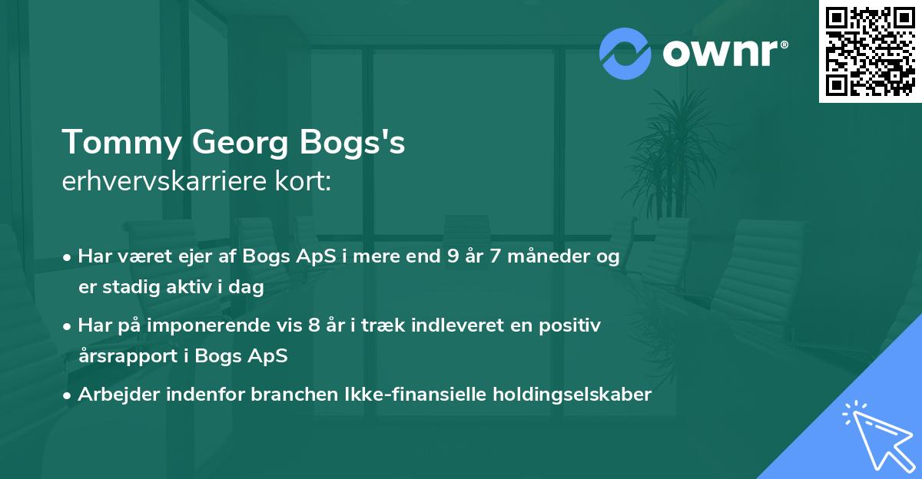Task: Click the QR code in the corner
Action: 871,51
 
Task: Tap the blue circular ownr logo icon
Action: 625,53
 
